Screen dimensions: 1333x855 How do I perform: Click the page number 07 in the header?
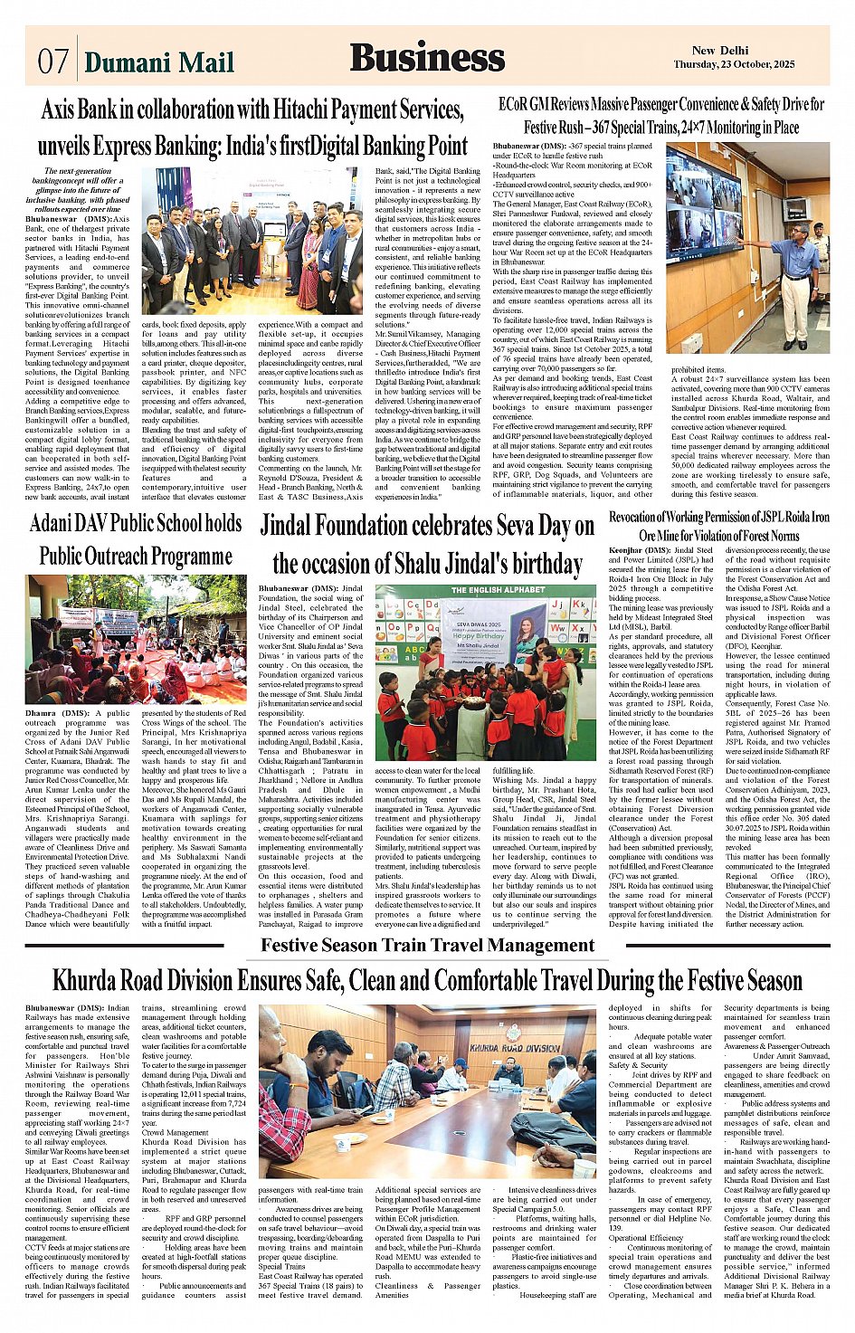coord(53,62)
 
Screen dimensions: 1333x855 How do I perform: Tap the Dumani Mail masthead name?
coord(158,62)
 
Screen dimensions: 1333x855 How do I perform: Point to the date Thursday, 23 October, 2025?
coord(734,65)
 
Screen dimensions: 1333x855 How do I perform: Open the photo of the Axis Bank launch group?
coord(252,241)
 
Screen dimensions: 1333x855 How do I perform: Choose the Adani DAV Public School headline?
coord(136,539)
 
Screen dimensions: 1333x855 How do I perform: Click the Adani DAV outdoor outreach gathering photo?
coord(136,638)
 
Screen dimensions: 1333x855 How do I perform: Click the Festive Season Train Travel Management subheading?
coord(427,946)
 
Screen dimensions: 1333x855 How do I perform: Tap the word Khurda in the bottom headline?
coord(98,980)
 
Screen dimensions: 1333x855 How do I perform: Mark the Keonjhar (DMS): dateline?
coord(639,550)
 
